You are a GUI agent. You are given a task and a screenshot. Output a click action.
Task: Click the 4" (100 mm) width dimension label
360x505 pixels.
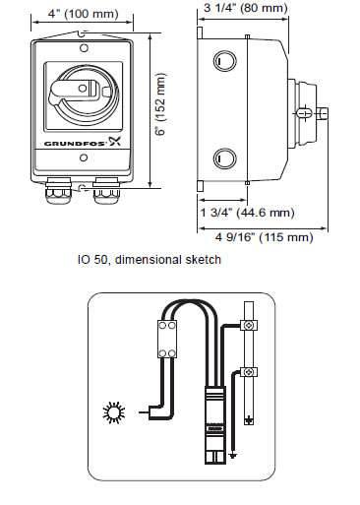[84, 14]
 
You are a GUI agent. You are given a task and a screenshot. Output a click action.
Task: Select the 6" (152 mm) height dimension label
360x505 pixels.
[161, 104]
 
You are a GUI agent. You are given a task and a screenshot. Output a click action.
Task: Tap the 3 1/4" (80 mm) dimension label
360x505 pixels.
[246, 8]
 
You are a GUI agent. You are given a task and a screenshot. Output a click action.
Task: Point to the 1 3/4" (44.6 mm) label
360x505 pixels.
[248, 213]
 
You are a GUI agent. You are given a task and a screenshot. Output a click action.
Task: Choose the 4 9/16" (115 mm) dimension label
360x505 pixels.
[265, 237]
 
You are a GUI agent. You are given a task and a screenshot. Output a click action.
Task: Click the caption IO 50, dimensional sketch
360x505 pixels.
[150, 260]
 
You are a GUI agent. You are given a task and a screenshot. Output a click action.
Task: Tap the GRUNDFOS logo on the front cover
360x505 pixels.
[83, 142]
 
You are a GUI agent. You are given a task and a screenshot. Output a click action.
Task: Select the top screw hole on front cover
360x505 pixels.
[84, 48]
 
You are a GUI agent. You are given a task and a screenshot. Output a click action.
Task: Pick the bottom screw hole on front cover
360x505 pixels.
[84, 158]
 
